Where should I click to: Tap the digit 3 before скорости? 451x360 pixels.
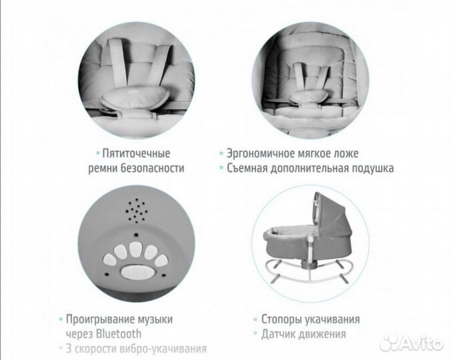pos(69,348)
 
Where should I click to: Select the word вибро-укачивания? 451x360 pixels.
pos(161,348)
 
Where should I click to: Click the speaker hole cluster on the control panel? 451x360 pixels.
pos(136,211)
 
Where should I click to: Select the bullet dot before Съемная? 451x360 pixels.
pos(220,169)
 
